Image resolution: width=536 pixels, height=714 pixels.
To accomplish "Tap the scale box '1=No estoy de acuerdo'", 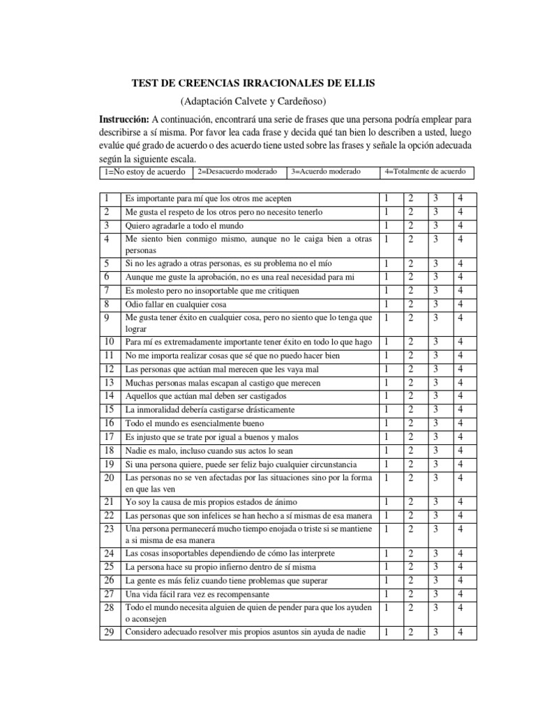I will [x=144, y=172].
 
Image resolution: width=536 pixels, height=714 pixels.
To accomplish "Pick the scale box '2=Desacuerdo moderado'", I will [x=237, y=172].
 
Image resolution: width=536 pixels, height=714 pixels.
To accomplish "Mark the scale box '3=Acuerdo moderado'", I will [x=326, y=172].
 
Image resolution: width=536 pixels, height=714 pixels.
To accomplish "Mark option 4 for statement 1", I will [x=459, y=199].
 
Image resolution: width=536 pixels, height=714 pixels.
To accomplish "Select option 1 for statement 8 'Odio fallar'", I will [x=387, y=304].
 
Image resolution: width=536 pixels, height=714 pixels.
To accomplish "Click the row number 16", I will [x=108, y=423].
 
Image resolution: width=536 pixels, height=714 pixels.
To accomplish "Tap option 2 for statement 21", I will [x=411, y=502].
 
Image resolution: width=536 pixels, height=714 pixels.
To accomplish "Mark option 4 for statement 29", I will [x=459, y=632].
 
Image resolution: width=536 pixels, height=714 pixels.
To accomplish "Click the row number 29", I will [x=108, y=632].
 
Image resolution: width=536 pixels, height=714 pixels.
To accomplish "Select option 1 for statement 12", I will [x=387, y=369].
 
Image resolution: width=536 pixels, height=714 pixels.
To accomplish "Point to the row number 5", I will [x=108, y=264].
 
